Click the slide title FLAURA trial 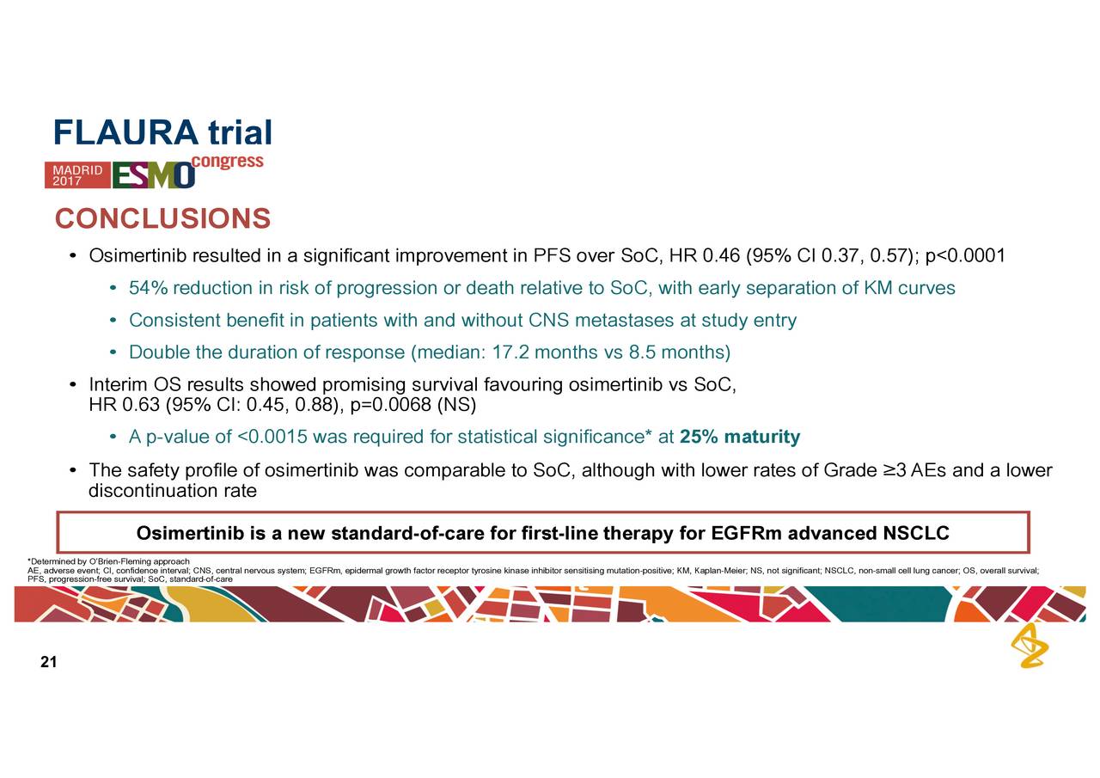162,132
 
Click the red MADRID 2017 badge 77,175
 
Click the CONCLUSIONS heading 162,218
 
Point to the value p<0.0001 965,256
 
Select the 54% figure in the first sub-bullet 148,288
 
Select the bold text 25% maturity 740,438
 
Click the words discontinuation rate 172,492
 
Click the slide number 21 48,662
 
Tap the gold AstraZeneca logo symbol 1029,646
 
